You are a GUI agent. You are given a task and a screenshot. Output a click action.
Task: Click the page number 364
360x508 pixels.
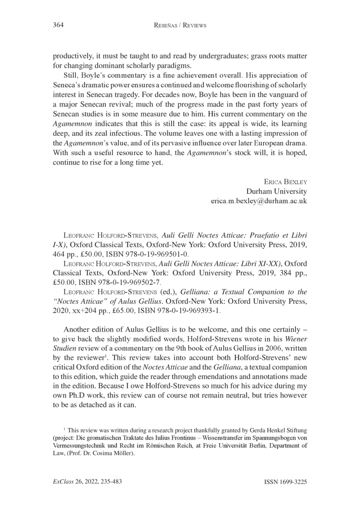(59, 26)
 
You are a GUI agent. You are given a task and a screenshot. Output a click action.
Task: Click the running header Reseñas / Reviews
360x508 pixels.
(180, 26)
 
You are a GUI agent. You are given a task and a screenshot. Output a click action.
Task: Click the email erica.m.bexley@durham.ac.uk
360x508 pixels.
(259, 201)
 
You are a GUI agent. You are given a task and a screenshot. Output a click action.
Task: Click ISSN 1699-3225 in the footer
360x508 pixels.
(285, 481)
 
